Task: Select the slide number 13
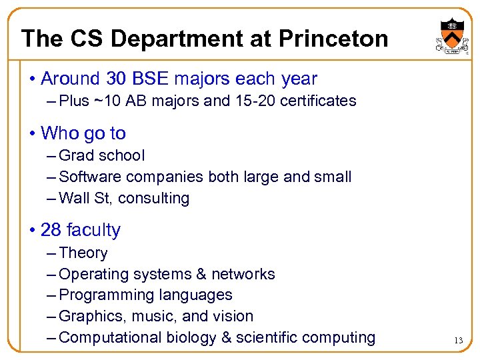click(x=458, y=341)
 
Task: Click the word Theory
click(x=83, y=253)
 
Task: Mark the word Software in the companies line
click(x=85, y=177)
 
